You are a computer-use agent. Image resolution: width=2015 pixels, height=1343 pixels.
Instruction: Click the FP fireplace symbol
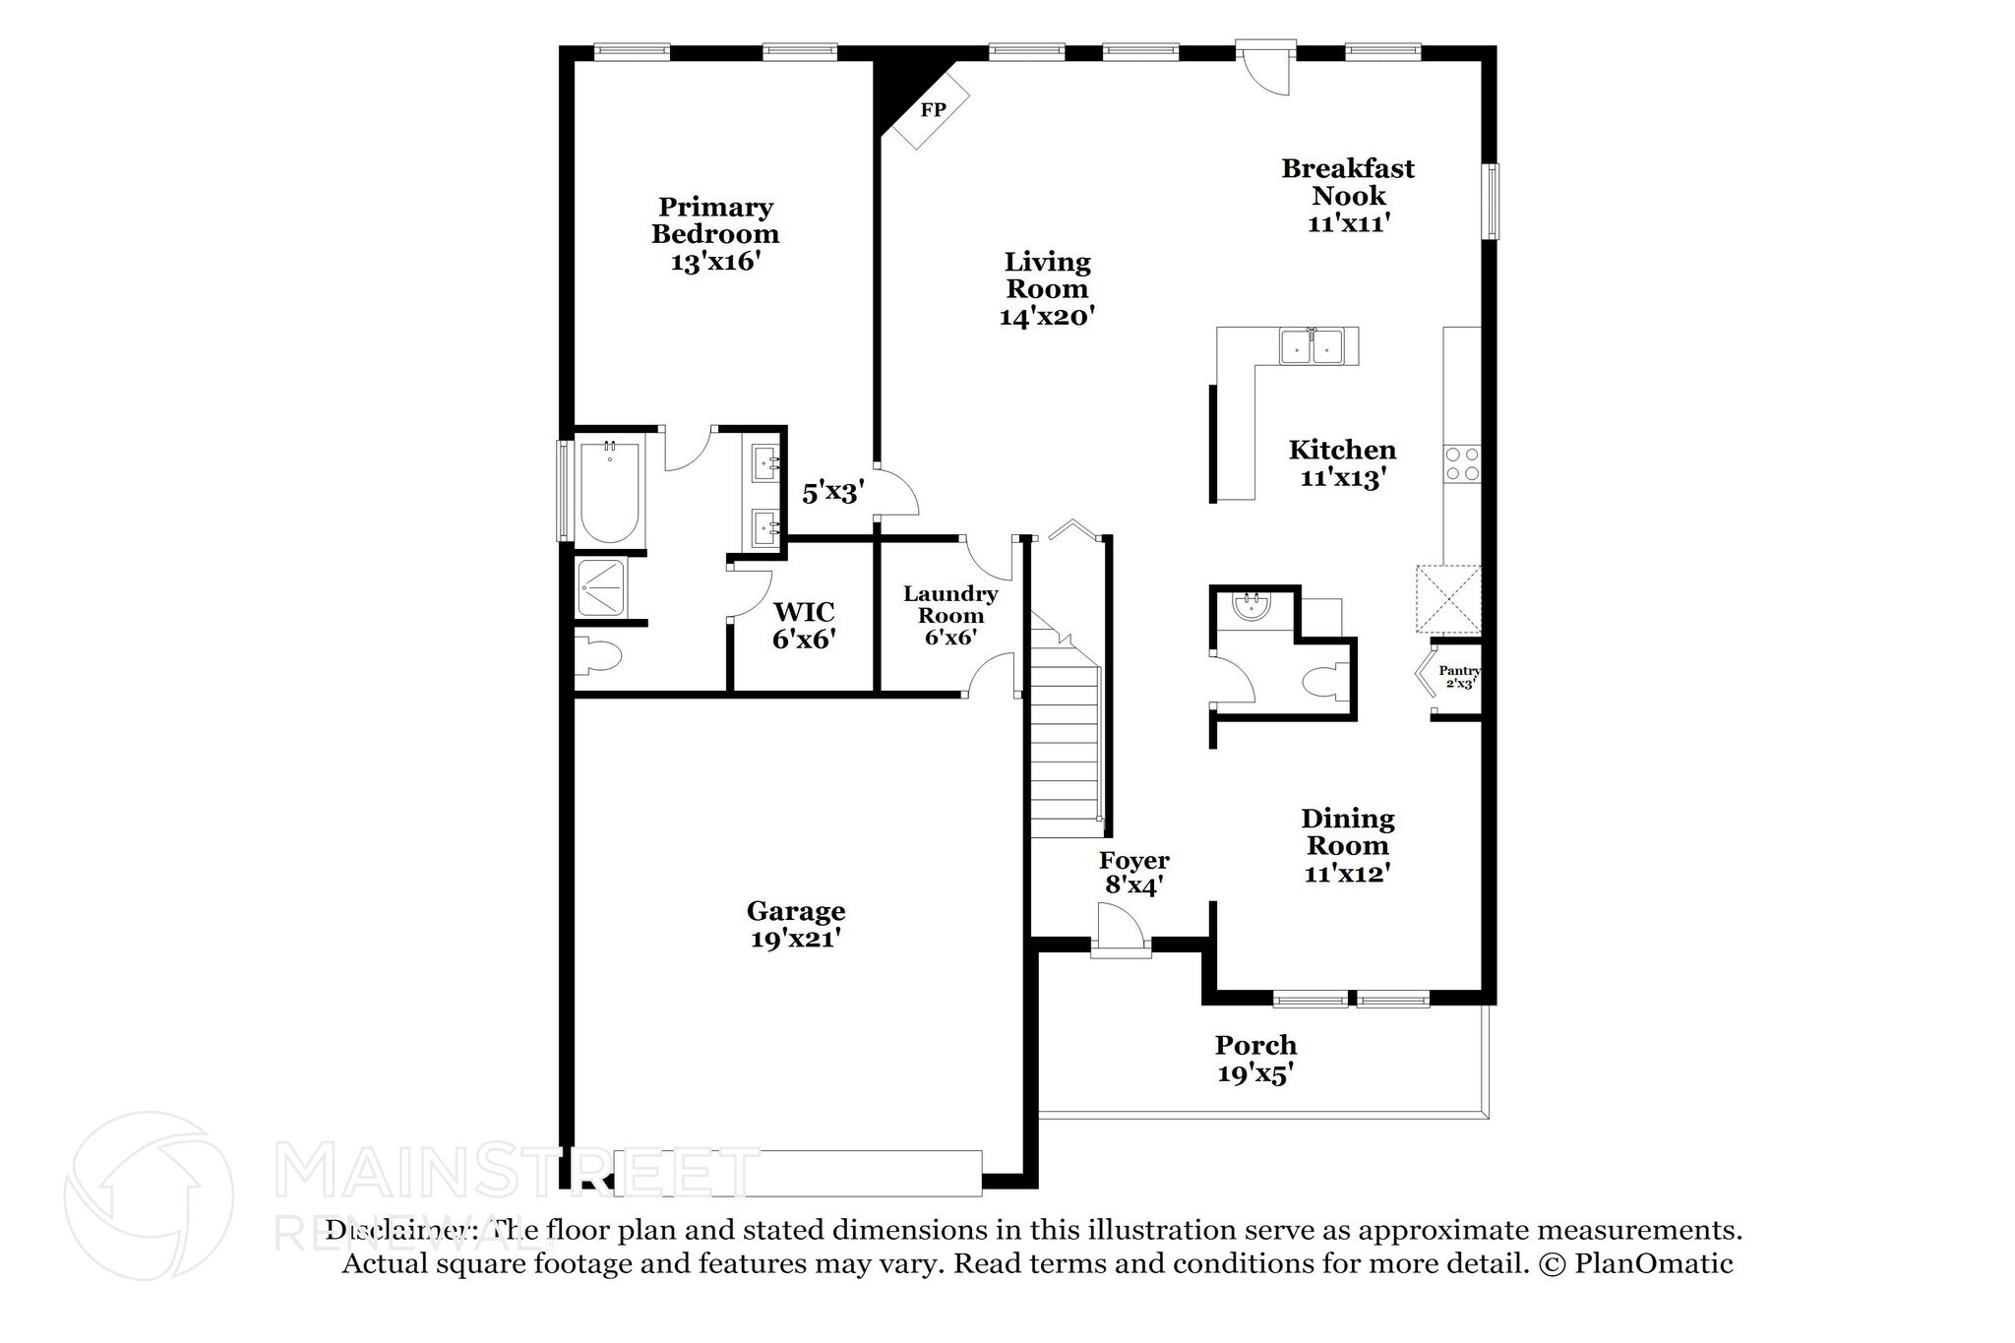(x=933, y=110)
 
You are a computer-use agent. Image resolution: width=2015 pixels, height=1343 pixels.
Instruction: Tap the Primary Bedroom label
(x=715, y=220)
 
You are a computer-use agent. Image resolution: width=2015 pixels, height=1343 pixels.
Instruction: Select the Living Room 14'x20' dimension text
(x=1047, y=317)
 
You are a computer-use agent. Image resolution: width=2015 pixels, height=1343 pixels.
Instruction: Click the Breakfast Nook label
(x=1347, y=182)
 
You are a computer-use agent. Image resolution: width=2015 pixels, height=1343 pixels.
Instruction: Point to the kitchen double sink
(x=1312, y=346)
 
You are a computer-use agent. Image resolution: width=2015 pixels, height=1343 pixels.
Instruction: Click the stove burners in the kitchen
(x=1462, y=463)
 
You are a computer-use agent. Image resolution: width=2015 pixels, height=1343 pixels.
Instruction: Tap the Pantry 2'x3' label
(x=1458, y=677)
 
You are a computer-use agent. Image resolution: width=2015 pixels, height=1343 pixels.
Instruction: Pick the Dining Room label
(x=1347, y=831)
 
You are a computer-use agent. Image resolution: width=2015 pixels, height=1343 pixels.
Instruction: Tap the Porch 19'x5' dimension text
(x=1254, y=1073)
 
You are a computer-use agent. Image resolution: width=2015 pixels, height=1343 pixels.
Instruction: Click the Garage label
(x=795, y=911)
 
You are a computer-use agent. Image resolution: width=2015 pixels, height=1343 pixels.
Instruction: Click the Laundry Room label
(x=950, y=604)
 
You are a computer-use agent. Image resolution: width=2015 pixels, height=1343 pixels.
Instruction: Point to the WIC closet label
(x=804, y=612)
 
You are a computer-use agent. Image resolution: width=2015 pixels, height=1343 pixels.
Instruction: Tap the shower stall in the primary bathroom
(x=600, y=587)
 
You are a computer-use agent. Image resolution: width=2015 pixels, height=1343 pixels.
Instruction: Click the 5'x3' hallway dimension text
(x=832, y=492)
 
